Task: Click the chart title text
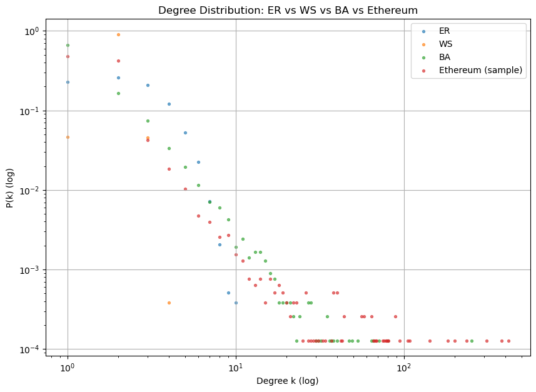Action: click(288, 11)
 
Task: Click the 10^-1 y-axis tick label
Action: click(30, 111)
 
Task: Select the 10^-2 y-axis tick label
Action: click(30, 190)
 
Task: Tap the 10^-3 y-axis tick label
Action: click(30, 269)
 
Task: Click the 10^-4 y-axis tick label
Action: click(30, 349)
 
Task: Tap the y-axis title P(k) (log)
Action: click(11, 190)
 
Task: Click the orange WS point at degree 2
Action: click(118, 34)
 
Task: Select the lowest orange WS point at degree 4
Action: click(169, 303)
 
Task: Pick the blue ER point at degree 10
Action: click(236, 303)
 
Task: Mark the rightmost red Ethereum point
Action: click(508, 341)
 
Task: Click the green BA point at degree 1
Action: click(68, 45)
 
